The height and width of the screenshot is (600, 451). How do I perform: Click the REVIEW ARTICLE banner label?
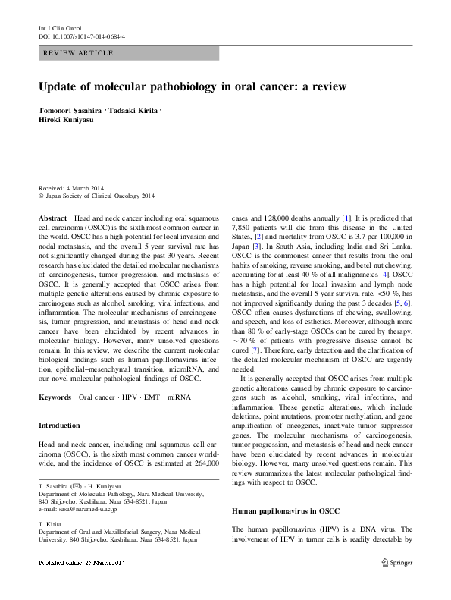(79, 53)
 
